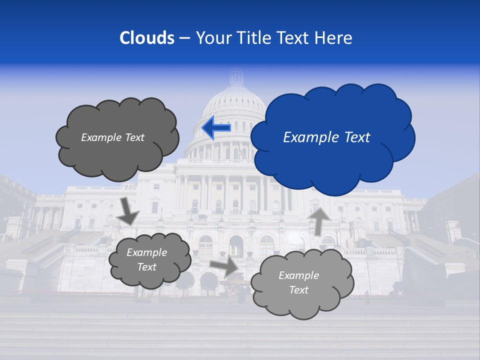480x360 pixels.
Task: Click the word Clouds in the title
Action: pyautogui.click(x=147, y=38)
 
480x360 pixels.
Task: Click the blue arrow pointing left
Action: pyautogui.click(x=216, y=128)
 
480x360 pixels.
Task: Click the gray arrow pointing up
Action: pyautogui.click(x=318, y=220)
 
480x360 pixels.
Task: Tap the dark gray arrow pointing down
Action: pyautogui.click(x=128, y=210)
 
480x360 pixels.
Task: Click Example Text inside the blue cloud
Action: pyautogui.click(x=326, y=137)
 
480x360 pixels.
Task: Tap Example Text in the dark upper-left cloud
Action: pyautogui.click(x=112, y=137)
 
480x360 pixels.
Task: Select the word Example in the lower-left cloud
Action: pyautogui.click(x=146, y=252)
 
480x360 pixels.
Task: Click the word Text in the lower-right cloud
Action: pyautogui.click(x=298, y=290)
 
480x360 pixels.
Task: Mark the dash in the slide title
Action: pyautogui.click(x=184, y=38)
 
